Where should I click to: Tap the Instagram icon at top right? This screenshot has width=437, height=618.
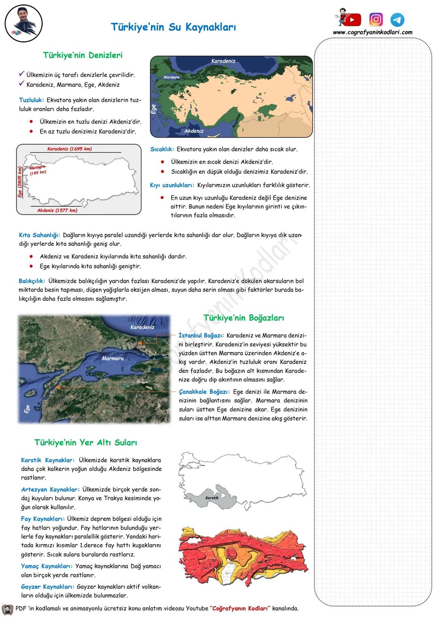click(x=376, y=19)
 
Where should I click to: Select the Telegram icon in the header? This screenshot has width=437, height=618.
click(x=397, y=20)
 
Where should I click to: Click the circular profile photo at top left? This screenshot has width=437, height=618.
click(x=24, y=24)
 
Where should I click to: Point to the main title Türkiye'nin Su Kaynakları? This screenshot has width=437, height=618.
click(x=173, y=27)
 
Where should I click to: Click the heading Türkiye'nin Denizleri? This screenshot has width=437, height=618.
click(x=83, y=55)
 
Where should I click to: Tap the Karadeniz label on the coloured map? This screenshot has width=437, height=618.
click(x=223, y=61)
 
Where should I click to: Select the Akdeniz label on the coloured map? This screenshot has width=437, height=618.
click(x=194, y=131)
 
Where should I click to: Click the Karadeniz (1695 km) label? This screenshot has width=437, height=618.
click(x=70, y=149)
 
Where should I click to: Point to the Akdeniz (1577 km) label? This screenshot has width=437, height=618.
click(x=57, y=210)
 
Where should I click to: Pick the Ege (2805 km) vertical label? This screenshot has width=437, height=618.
click(x=19, y=182)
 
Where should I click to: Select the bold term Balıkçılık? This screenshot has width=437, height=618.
click(x=32, y=281)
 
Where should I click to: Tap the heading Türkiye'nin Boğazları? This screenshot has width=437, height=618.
click(x=244, y=318)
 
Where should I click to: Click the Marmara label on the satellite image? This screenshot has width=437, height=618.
click(x=112, y=359)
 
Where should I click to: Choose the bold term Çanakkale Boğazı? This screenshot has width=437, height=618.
click(x=204, y=392)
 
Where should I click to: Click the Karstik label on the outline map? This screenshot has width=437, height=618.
click(x=212, y=498)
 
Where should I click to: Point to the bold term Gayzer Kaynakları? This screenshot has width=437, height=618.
click(x=47, y=587)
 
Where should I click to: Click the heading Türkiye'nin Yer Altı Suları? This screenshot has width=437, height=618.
click(x=86, y=443)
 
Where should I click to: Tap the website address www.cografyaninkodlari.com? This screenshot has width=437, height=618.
click(x=373, y=32)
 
